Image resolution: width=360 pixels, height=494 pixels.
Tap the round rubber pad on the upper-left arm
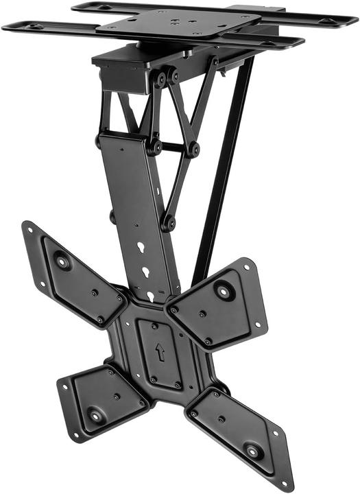pyautogui.click(x=62, y=261)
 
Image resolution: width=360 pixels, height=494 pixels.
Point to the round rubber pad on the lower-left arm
pyautogui.click(x=94, y=414)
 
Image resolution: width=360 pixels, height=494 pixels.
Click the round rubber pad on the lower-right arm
pyautogui.click(x=253, y=451)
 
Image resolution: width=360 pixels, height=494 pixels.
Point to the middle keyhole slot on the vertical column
pyautogui.click(x=145, y=272)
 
